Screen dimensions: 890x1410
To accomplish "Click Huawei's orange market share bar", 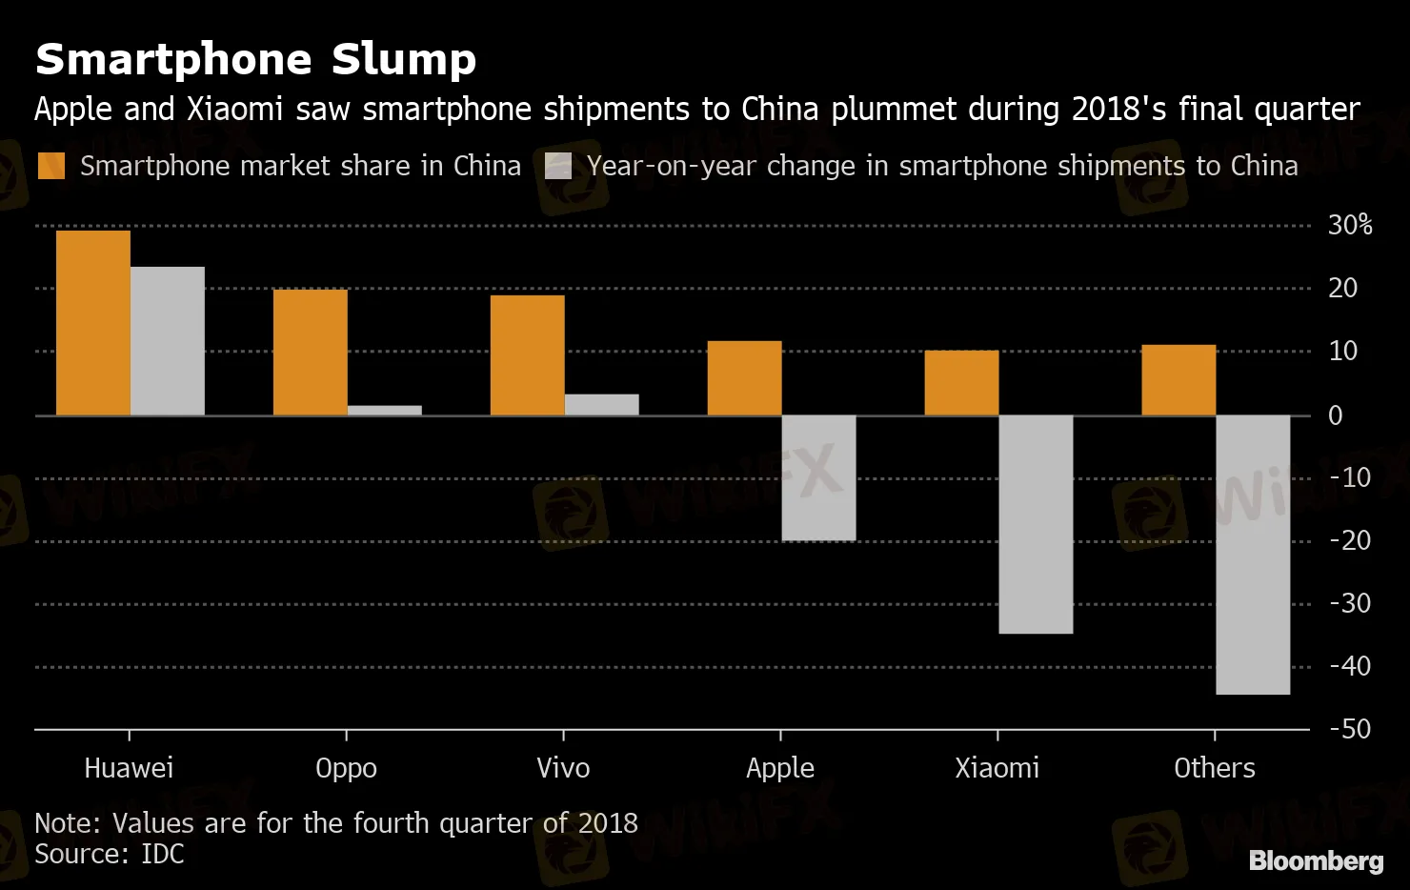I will point(93,323).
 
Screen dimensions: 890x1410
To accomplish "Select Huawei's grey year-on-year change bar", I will point(168,341).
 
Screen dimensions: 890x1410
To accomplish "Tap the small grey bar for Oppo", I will point(385,411).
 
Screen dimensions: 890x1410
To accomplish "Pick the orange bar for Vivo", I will point(527,355).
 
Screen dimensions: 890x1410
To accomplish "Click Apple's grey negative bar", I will point(818,477).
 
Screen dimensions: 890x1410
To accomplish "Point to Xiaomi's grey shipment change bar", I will point(1036,524).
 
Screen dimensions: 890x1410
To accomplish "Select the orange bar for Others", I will point(1178,380).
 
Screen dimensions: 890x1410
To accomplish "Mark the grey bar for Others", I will point(1253,555).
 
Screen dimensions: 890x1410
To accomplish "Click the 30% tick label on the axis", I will point(1350,226).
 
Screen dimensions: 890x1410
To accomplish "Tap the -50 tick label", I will point(1350,729).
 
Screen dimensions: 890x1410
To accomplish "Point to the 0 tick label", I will point(1336,415).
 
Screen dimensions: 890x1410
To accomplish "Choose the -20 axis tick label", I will point(1350,540).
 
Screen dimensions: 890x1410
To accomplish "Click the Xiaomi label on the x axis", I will point(997,768).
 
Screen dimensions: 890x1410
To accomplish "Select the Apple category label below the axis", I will point(780,768).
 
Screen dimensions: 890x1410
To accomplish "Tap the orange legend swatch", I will point(51,166).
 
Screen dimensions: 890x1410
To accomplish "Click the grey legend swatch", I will point(558,166).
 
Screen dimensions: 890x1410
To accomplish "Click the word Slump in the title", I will point(403,60).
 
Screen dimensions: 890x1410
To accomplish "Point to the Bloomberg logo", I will point(1316,860).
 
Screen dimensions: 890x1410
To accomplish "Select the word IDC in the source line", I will point(162,854).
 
